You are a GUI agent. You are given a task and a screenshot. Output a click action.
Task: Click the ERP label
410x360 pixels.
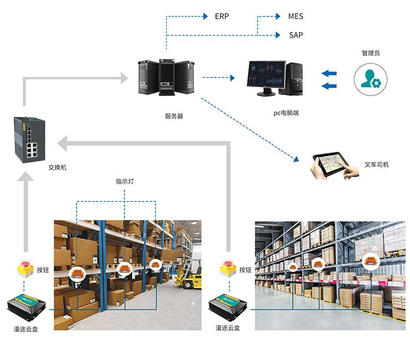coord(221,16)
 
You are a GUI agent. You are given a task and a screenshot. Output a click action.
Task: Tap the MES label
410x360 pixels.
coord(295,16)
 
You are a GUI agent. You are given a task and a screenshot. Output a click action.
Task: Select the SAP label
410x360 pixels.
coord(296,35)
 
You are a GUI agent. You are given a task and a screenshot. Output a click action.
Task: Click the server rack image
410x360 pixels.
coord(166,78)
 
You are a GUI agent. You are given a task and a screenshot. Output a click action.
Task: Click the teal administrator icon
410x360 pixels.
coord(370,78)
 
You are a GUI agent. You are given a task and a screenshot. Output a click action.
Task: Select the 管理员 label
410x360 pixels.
coord(370,53)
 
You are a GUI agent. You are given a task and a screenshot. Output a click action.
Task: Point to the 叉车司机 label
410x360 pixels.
coord(377,164)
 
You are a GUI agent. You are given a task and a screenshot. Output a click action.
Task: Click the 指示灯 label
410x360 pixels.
coord(125,181)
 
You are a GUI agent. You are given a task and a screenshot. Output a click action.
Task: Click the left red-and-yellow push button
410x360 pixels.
coord(25,269)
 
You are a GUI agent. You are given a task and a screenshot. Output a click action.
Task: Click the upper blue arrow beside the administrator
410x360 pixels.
coord(329,74)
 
